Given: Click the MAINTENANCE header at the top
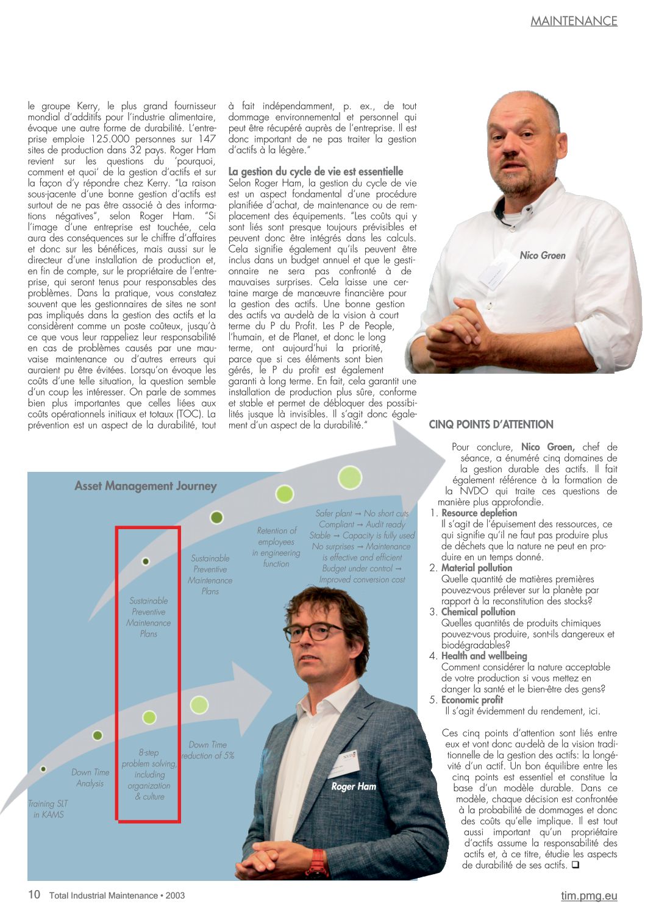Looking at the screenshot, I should (574, 21).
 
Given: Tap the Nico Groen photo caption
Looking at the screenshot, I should (542, 255).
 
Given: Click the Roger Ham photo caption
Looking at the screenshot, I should (353, 786).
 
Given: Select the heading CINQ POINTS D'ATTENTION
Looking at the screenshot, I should (491, 424).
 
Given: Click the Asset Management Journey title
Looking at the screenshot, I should (146, 486).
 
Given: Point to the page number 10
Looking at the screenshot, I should (34, 894).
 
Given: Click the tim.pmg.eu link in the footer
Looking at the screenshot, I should (589, 896).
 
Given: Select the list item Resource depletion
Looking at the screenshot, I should (479, 513).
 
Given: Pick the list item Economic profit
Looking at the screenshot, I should (472, 699).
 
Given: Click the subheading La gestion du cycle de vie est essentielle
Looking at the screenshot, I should (316, 171).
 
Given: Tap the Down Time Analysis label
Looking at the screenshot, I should (90, 777).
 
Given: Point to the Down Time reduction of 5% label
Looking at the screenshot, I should (208, 750).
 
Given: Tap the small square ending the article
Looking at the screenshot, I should (575, 864).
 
